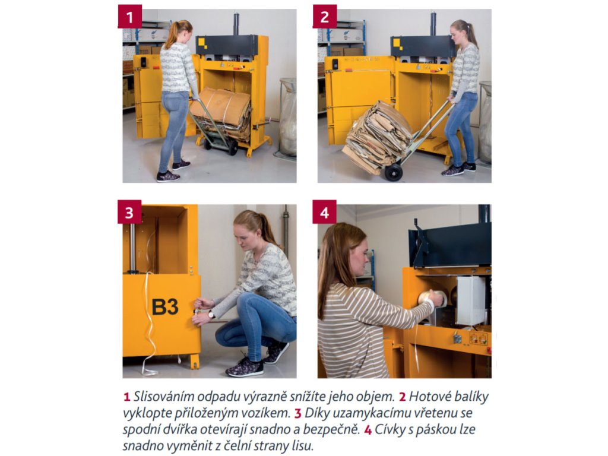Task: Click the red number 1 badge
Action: point(129,16)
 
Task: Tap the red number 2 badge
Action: point(325,16)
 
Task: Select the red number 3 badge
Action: point(129,212)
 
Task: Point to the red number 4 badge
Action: point(325,212)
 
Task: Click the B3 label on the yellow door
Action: point(165,307)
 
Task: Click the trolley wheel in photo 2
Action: point(394,172)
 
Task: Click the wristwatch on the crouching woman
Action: point(212,315)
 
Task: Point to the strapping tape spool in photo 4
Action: point(430,299)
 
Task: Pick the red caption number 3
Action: point(298,414)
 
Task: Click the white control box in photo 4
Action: point(471,300)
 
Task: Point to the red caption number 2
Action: point(403,397)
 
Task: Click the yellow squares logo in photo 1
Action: point(202,43)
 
